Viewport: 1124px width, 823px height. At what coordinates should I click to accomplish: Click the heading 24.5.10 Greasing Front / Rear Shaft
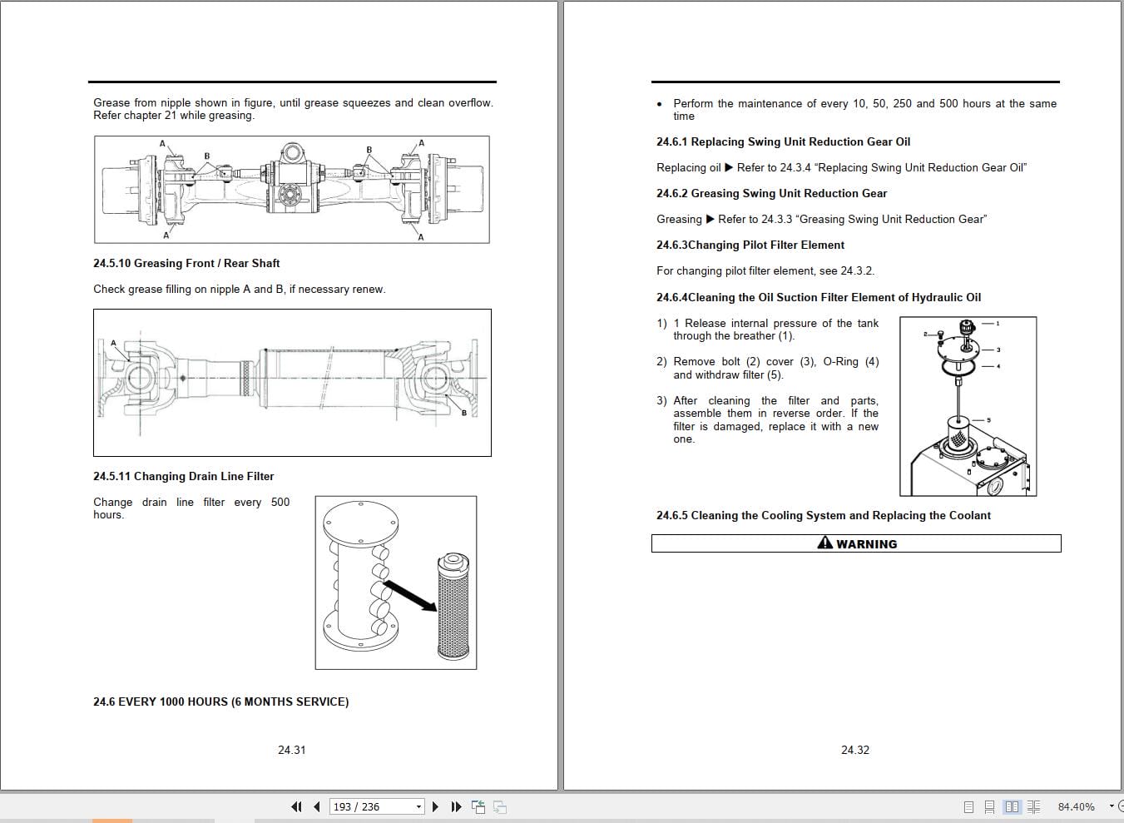186,264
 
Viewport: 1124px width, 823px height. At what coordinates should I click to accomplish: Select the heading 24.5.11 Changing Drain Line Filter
183,477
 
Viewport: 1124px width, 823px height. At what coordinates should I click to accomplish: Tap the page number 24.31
291,750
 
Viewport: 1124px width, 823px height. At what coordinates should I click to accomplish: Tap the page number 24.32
854,750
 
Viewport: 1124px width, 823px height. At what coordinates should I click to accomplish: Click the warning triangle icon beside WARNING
824,543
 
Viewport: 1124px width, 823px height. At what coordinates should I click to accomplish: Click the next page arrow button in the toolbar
435,806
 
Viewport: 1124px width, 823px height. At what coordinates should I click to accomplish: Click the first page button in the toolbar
296,806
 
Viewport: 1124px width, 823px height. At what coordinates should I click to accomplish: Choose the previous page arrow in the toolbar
317,806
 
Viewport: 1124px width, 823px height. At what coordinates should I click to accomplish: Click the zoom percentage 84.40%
1076,806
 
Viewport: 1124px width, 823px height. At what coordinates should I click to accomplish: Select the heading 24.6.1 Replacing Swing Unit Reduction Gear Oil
783,142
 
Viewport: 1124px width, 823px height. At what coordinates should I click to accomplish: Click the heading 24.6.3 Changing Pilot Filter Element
750,245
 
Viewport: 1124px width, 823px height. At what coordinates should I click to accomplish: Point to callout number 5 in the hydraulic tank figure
988,420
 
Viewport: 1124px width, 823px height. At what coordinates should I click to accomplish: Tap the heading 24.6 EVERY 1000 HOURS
220,702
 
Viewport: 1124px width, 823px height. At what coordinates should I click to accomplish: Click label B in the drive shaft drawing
463,414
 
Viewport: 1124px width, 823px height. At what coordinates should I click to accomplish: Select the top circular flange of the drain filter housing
360,523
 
